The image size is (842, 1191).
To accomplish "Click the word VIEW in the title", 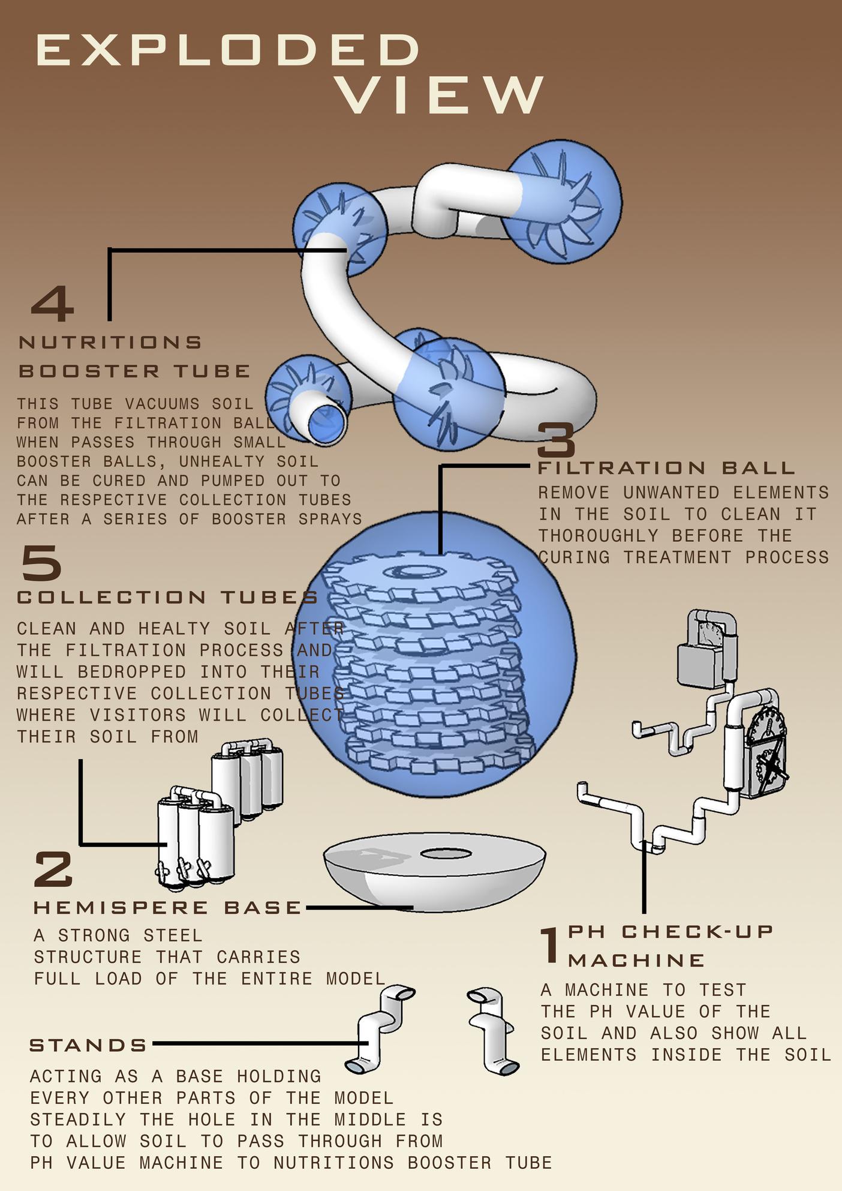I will coord(440,94).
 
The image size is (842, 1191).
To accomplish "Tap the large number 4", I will coord(52,303).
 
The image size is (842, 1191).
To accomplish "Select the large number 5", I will coord(41,563).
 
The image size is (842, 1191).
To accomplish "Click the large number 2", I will coord(53,869).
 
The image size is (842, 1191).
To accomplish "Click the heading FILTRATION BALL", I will coord(666,467).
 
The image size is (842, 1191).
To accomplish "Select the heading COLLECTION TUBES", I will coord(167,597).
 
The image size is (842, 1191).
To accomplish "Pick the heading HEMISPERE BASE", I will coord(167,908).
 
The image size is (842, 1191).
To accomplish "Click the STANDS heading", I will coord(88,1046).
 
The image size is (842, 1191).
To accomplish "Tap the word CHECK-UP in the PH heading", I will coord(697,932).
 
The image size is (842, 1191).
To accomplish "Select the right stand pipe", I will coord(493,1030).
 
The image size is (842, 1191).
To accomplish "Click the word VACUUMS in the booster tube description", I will coord(162,404).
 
